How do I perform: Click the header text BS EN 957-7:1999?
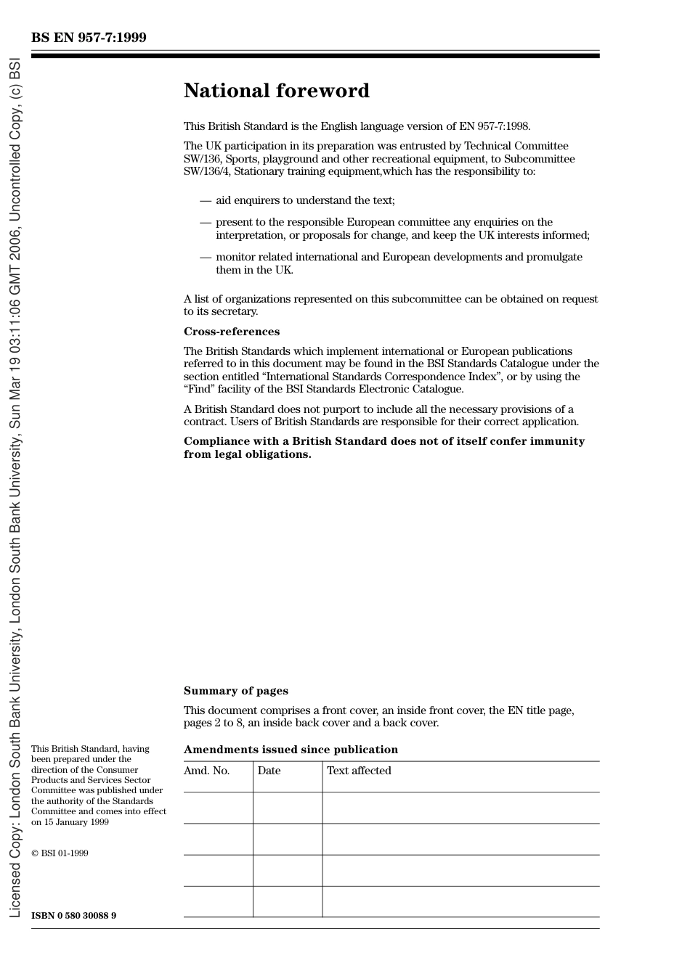[89, 38]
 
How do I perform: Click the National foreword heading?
[276, 91]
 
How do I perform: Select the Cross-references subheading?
[231, 332]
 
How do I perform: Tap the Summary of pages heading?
[235, 691]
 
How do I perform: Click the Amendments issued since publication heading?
[291, 750]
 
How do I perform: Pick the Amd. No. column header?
[206, 771]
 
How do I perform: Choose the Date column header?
[269, 771]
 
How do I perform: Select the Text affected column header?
[359, 771]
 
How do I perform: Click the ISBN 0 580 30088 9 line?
[73, 915]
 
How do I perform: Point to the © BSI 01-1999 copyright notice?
[60, 853]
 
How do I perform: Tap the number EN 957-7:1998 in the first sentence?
[494, 126]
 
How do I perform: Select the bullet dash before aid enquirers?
[206, 200]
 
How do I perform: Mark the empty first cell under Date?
[288, 808]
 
